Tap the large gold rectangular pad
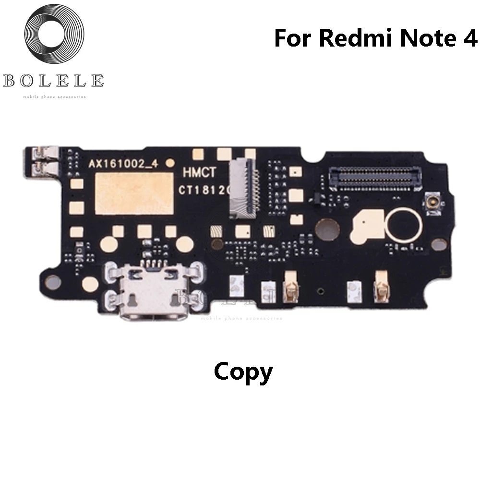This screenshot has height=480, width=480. [134, 193]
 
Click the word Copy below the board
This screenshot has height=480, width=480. [243, 372]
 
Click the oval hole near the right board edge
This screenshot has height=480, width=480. [438, 244]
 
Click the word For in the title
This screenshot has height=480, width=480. [293, 38]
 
